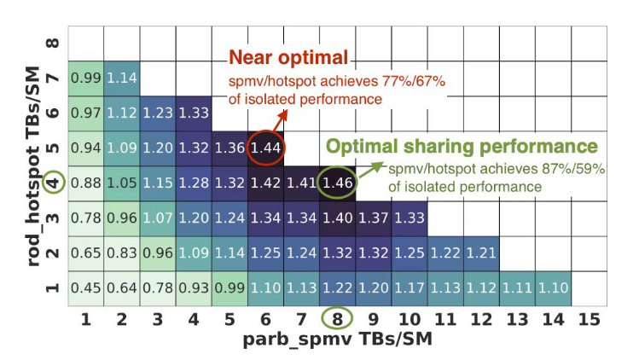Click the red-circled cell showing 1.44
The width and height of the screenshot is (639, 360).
pos(266,147)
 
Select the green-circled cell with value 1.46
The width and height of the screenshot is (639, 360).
pos(336,182)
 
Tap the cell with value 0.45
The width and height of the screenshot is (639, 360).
pos(85,287)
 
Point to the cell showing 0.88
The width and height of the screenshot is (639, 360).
pos(85,182)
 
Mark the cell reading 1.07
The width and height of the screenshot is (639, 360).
pos(157,217)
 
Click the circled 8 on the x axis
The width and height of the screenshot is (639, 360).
pos(336,319)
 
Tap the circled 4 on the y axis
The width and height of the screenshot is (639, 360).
pos(54,182)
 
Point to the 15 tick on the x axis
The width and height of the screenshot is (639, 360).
pos(587,319)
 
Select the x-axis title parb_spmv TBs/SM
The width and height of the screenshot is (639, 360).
pos(334,340)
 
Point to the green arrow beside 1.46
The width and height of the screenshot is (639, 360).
pos(369,171)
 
